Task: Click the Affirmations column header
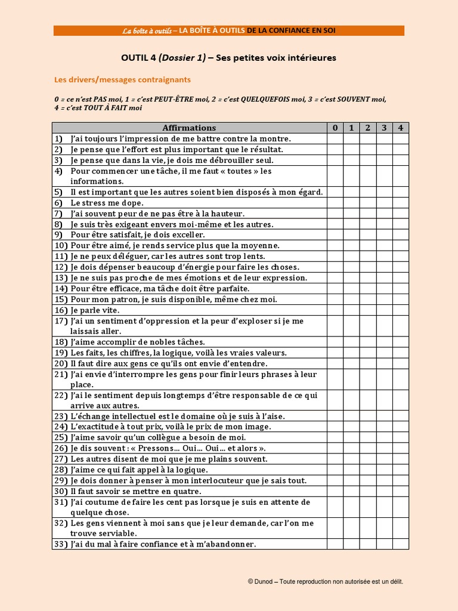tap(189, 128)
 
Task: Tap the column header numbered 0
tap(335, 128)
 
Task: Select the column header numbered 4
tap(401, 128)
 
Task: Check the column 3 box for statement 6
tap(384, 203)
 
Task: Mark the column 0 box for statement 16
tap(335, 310)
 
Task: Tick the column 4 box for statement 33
tap(401, 544)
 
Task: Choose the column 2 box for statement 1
tap(368, 138)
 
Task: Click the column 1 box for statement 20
tap(352, 363)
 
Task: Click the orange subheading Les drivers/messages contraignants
tap(122, 79)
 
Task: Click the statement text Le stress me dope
tap(95, 203)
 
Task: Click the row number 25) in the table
tap(60, 438)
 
